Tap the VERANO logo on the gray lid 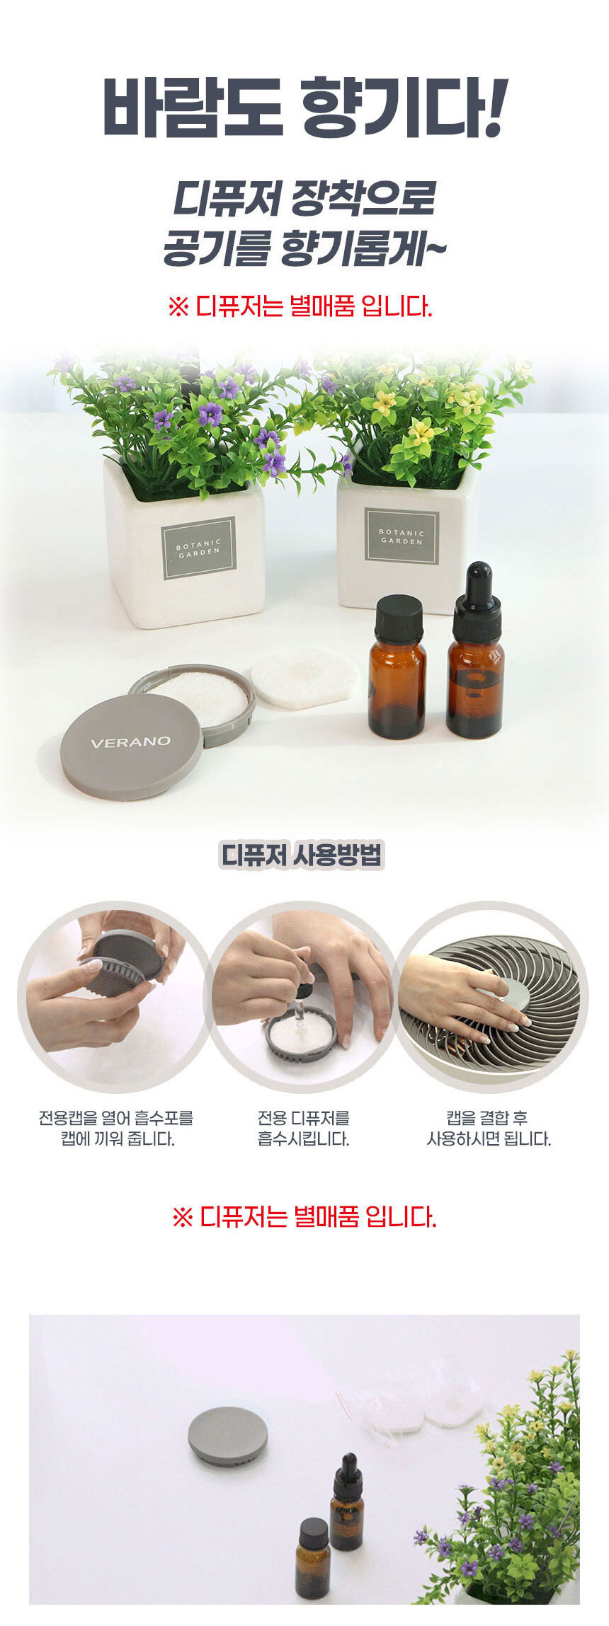130,742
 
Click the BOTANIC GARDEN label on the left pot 199,548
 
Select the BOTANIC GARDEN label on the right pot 402,536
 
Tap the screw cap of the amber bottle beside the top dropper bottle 399,619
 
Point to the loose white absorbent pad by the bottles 305,679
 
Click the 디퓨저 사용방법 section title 302,855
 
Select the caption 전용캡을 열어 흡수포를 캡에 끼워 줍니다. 116,1128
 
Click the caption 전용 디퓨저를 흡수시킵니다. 303,1128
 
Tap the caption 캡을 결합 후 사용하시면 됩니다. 489,1128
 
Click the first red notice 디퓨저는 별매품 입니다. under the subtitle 300,307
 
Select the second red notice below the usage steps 304,1216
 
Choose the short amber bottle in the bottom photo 312,1549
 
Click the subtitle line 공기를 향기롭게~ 305,248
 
